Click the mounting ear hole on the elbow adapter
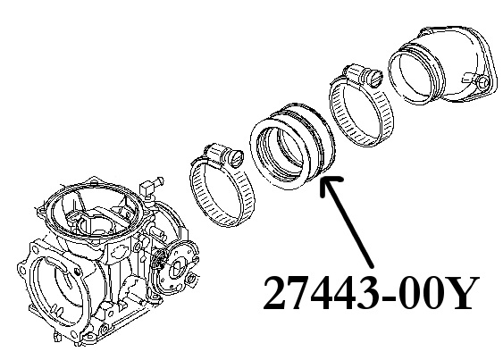tap(483, 83)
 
